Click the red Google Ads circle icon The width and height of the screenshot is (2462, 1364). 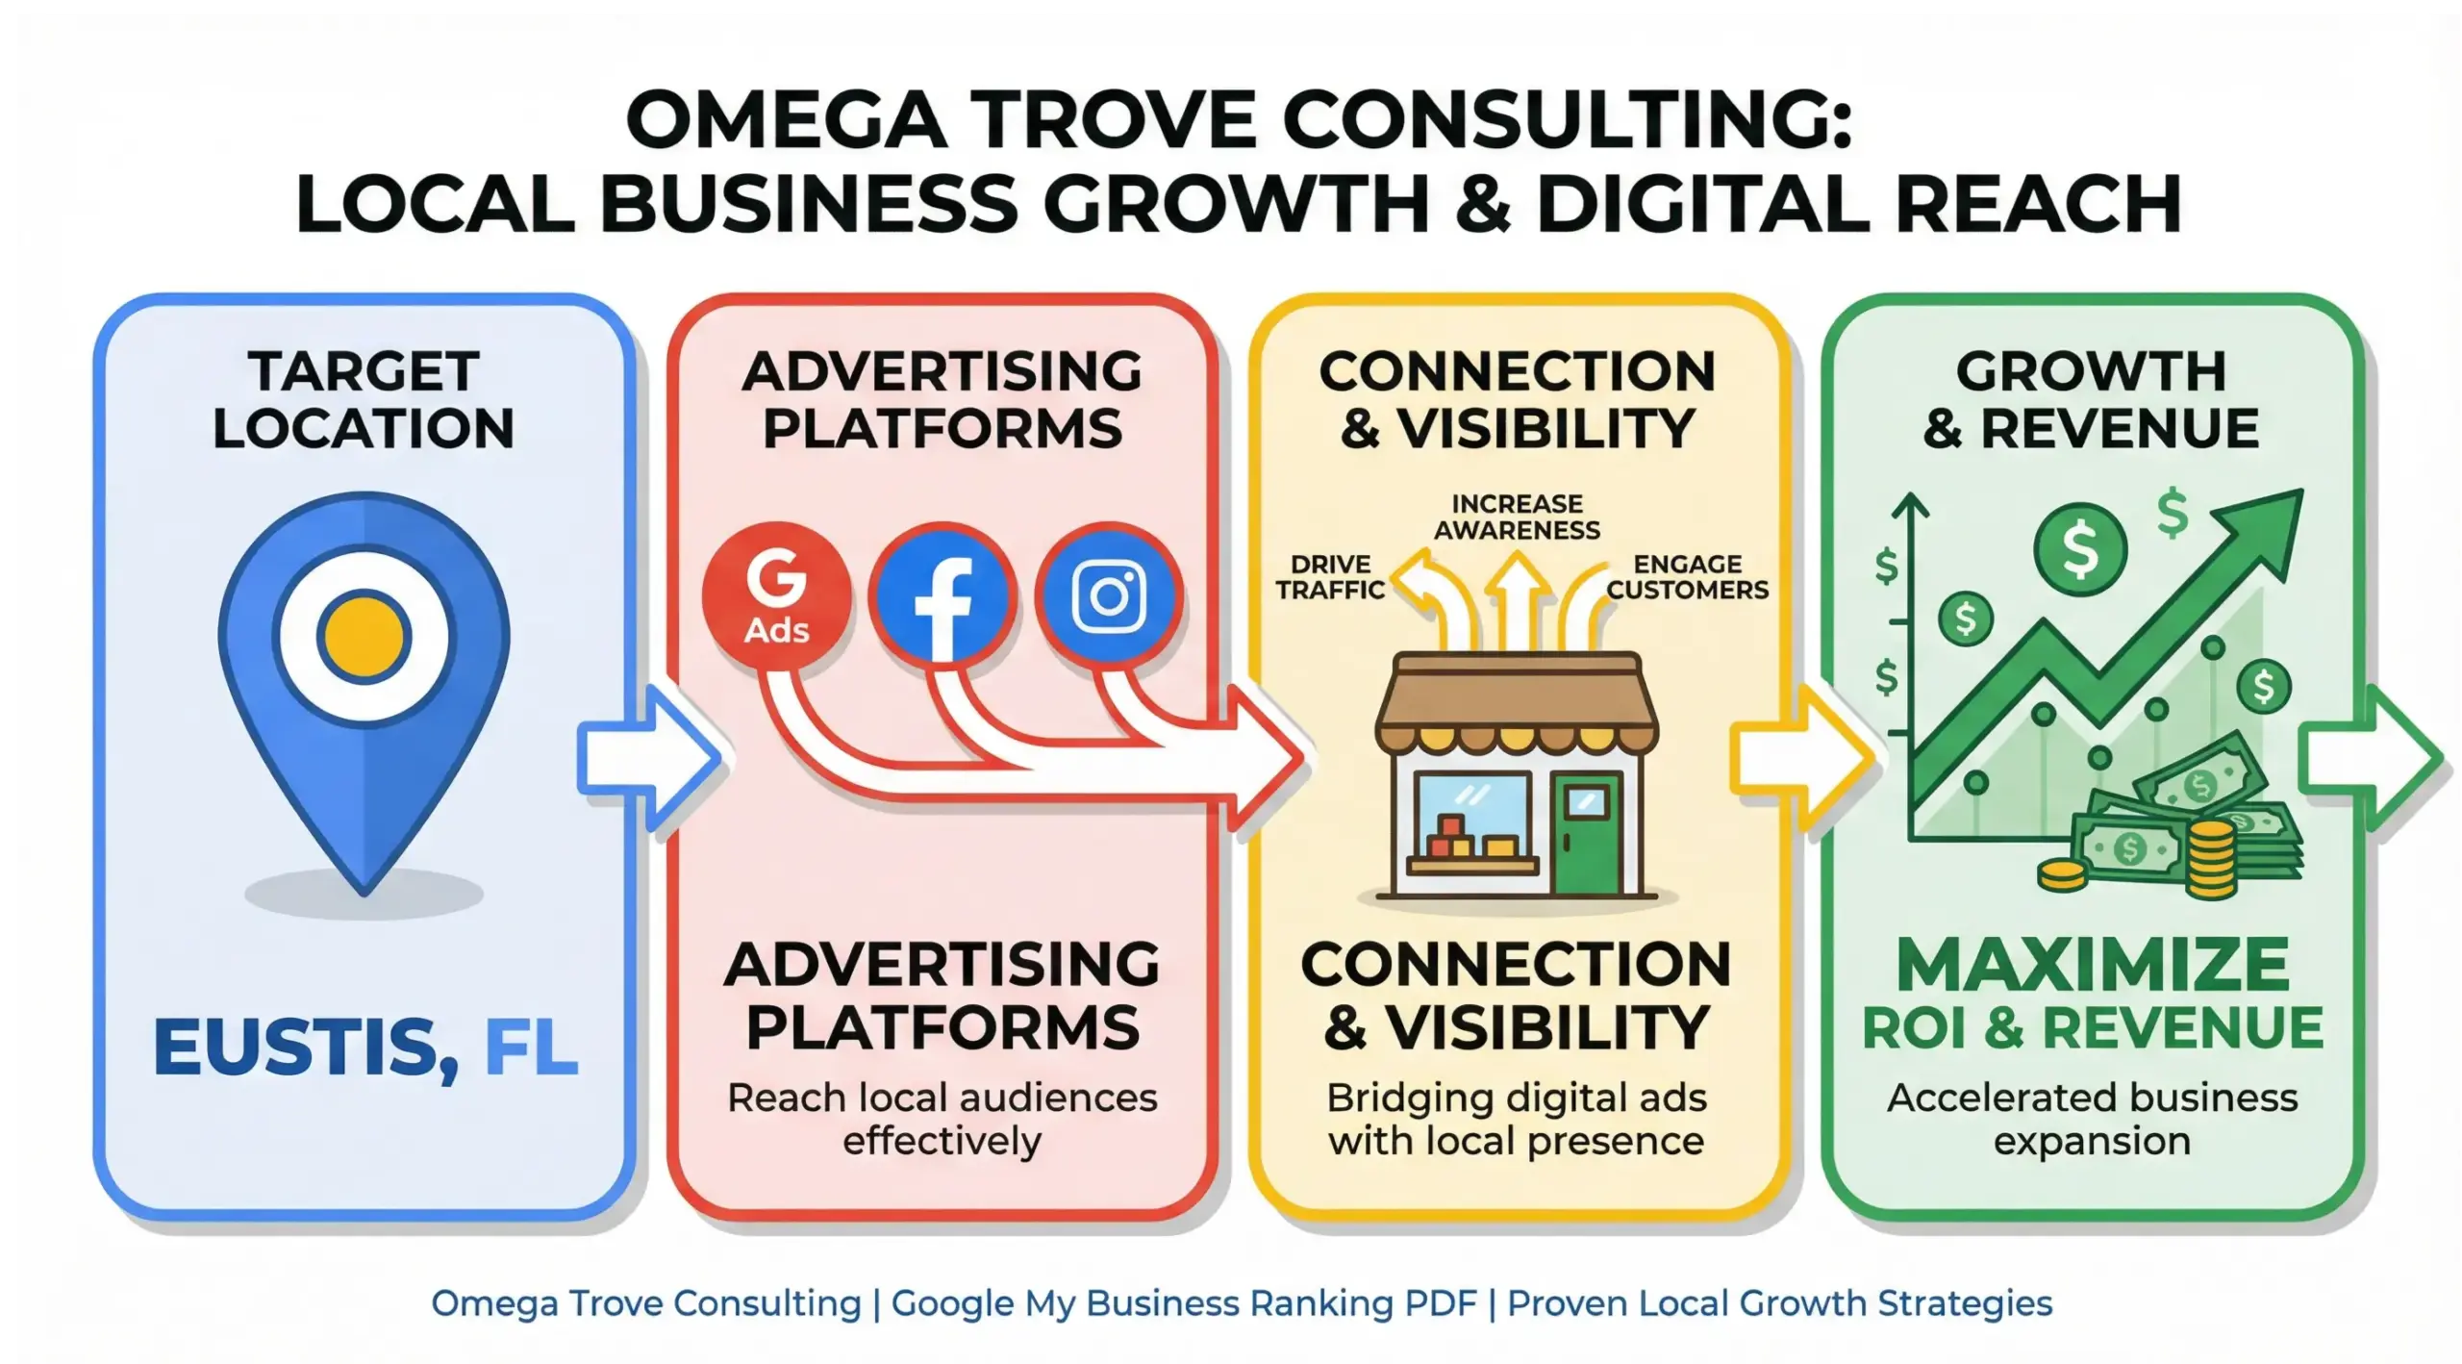pyautogui.click(x=777, y=596)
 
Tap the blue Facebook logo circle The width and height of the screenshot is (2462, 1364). pyautogui.click(x=942, y=596)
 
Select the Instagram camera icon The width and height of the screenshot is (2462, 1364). pyautogui.click(x=1109, y=596)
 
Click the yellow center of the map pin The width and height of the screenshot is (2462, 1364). pyautogui.click(x=364, y=638)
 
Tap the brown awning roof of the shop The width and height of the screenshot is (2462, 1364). pyautogui.click(x=1518, y=702)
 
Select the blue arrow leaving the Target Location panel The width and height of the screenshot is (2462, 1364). pyautogui.click(x=650, y=758)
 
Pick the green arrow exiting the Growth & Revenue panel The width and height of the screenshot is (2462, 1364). pyautogui.click(x=2372, y=758)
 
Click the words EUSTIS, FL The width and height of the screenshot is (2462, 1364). pyautogui.click(x=365, y=1048)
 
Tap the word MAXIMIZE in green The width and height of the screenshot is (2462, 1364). pyautogui.click(x=2093, y=965)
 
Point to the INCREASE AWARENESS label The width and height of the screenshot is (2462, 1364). pyautogui.click(x=1518, y=517)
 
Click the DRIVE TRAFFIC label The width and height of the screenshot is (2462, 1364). pyautogui.click(x=1330, y=576)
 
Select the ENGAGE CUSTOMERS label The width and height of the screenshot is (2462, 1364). pyautogui.click(x=1688, y=576)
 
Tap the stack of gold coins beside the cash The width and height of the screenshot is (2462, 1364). pyautogui.click(x=2212, y=858)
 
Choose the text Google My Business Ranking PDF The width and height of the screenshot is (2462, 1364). pyautogui.click(x=1184, y=1303)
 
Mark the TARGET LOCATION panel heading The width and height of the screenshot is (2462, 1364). pyautogui.click(x=364, y=399)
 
